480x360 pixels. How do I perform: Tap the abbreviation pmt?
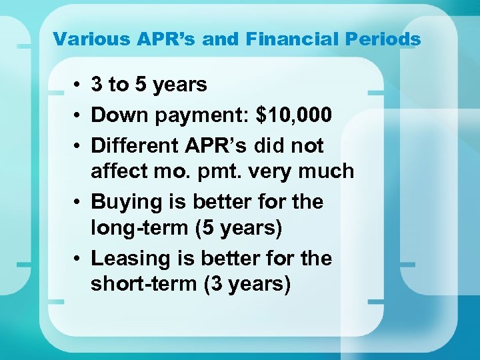click(231, 171)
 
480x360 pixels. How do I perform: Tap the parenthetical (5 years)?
click(240, 228)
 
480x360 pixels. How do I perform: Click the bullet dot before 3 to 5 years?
click(78, 85)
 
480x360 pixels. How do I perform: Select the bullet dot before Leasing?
click(78, 259)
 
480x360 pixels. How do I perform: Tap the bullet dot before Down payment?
click(78, 115)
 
